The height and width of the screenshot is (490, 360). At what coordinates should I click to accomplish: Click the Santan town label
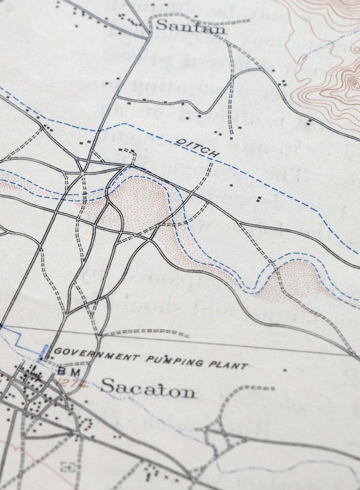(x=190, y=27)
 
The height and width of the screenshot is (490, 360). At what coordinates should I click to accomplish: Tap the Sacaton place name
(x=148, y=388)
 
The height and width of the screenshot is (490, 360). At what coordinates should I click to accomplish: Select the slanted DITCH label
(x=198, y=148)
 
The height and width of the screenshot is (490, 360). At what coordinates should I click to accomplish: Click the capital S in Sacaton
(x=107, y=386)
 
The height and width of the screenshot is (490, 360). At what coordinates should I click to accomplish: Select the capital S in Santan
(x=161, y=25)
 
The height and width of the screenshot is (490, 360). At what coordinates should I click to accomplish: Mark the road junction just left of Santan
(x=149, y=34)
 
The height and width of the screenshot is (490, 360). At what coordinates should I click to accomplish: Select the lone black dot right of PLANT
(x=285, y=370)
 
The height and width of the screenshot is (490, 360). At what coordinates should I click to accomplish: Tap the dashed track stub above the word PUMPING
(x=145, y=333)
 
